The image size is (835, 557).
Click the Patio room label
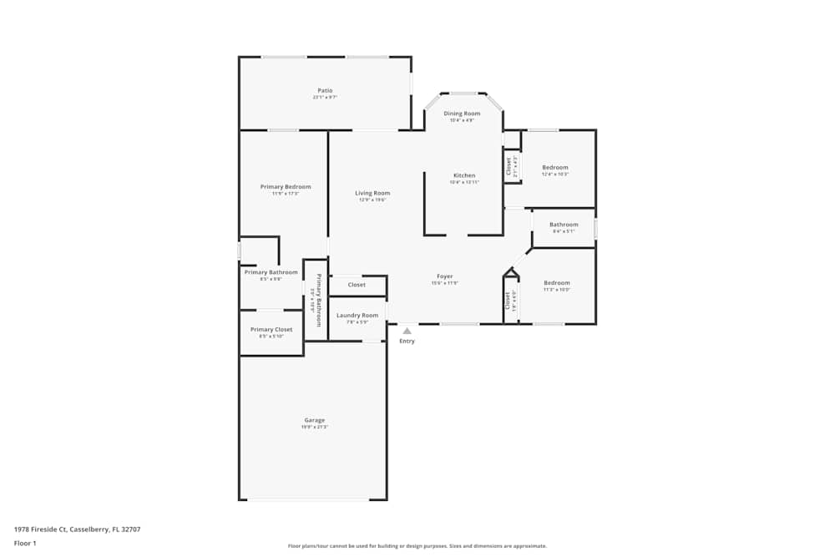tap(325, 90)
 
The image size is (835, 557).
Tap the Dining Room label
tap(462, 114)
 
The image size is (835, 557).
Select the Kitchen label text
tap(464, 175)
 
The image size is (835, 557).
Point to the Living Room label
tap(372, 193)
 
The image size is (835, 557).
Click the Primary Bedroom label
tap(286, 186)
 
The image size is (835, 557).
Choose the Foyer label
tap(445, 276)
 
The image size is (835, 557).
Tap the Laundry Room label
tap(357, 315)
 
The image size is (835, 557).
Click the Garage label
tap(314, 420)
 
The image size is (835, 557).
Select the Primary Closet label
tap(271, 329)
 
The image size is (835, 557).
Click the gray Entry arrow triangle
tap(407, 332)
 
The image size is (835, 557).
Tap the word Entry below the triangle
tap(407, 342)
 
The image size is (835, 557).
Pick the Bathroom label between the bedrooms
tap(564, 224)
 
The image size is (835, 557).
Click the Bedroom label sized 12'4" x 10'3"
tap(555, 167)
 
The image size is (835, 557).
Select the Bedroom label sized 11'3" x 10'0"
tap(557, 282)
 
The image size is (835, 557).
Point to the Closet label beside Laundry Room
tap(357, 285)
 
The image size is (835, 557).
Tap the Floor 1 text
tap(25, 543)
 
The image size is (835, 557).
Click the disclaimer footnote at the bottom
tap(417, 546)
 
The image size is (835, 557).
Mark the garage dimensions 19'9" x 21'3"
tap(314, 428)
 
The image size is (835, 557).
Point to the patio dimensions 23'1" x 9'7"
tap(325, 98)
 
